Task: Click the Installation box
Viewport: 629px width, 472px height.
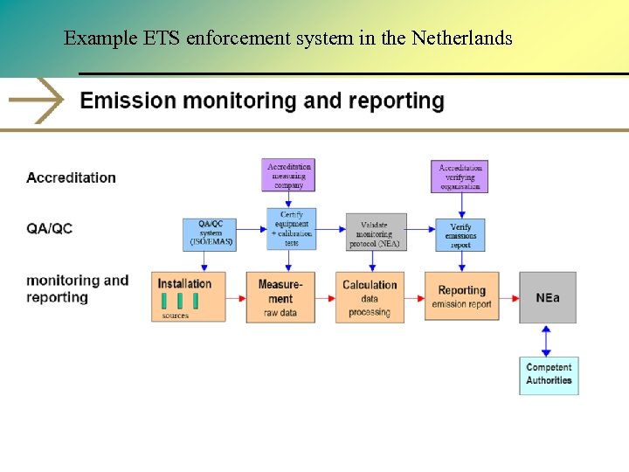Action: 188,296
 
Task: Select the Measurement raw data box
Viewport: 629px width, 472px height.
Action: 280,297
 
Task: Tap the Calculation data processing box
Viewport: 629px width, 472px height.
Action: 370,297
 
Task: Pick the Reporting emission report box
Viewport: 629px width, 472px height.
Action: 461,296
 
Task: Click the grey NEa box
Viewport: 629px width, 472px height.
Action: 548,297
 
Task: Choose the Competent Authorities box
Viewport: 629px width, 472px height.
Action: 549,375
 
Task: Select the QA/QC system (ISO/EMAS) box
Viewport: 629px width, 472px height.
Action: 210,233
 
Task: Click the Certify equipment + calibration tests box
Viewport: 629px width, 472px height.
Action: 291,229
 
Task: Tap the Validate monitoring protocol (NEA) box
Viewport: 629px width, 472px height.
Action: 377,233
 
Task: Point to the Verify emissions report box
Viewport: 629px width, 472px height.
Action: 460,234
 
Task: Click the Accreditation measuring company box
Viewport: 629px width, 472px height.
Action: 289,175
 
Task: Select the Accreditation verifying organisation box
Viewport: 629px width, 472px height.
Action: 460,176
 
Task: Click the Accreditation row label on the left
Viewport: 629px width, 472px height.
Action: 71,177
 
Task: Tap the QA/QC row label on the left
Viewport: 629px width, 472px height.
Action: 50,228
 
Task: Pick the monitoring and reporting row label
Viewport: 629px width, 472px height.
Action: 77,288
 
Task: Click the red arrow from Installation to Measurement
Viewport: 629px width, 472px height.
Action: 236,298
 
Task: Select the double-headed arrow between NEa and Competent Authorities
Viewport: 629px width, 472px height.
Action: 547,341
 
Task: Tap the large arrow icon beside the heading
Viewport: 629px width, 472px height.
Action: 37,101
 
